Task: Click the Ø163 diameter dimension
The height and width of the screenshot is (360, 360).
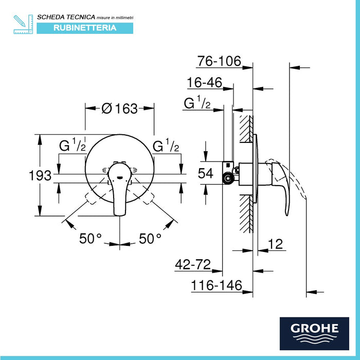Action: point(119,109)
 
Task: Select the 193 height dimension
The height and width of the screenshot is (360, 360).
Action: point(41,175)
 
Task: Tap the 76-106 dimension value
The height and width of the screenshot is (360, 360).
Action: point(219,61)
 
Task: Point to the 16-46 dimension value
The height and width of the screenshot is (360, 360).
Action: point(205,83)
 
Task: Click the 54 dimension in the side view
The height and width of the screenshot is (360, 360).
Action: point(206,174)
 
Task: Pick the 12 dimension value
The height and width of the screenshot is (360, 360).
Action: point(276,245)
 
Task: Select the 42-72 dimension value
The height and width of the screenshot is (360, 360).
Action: point(192,265)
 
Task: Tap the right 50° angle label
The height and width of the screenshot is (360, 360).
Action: point(150,238)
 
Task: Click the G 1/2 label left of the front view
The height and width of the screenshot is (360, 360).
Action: point(73,146)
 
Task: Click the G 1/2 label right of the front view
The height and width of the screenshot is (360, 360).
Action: point(166,146)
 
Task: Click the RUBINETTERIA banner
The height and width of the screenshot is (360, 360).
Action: point(85,28)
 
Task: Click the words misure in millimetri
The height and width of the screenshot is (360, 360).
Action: point(109,18)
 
